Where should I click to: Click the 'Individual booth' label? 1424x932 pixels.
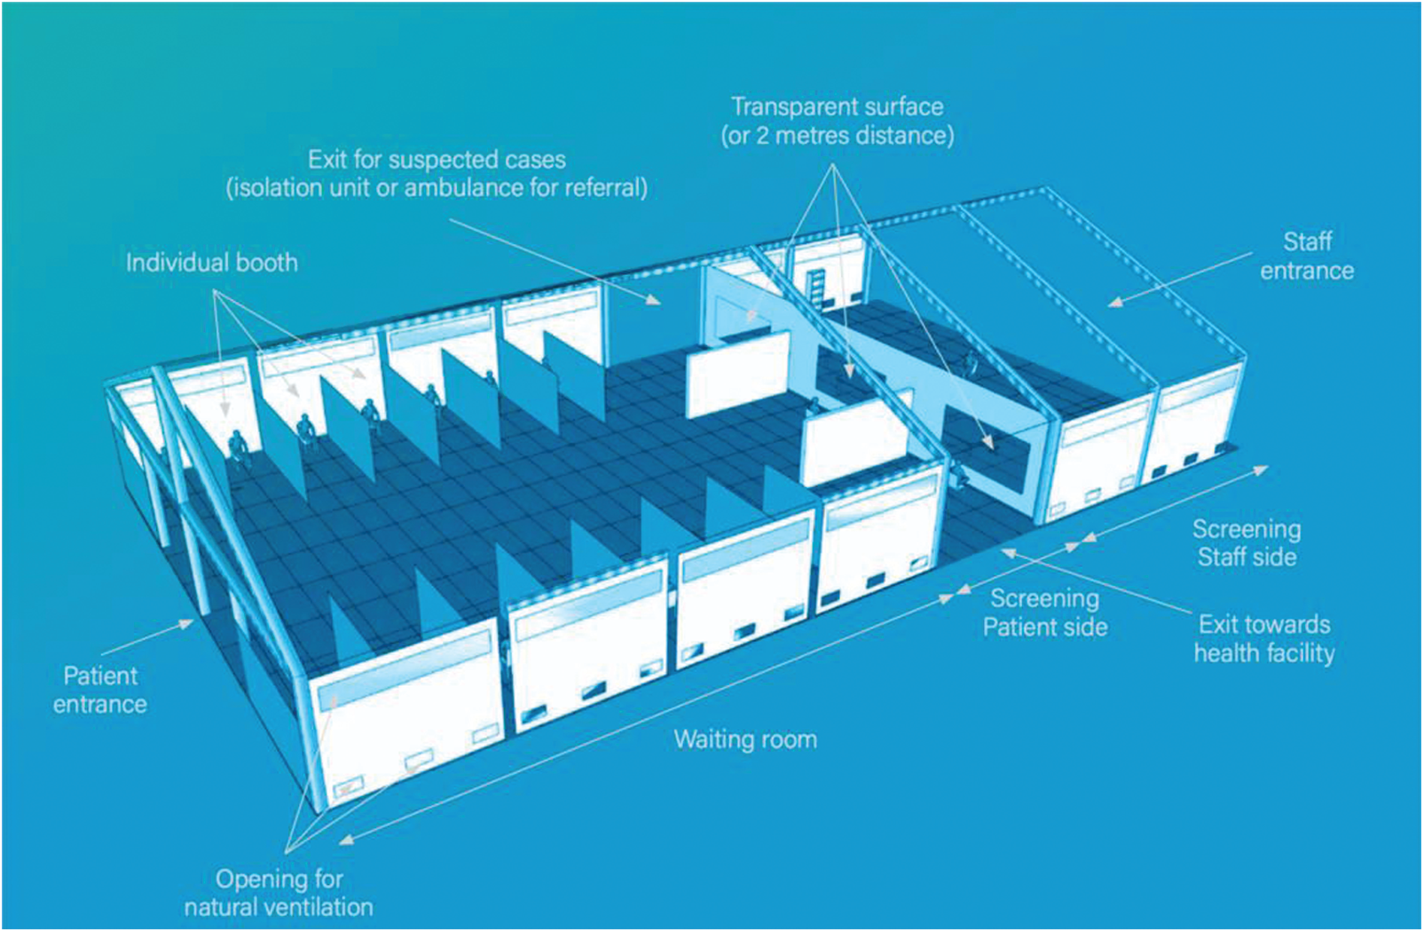[212, 263]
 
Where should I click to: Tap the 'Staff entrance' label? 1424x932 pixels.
[1307, 257]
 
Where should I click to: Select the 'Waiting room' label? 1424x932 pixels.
[745, 739]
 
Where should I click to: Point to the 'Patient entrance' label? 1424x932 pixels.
[100, 690]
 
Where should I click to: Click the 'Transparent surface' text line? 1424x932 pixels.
[838, 107]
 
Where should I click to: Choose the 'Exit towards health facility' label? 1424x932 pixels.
[1264, 639]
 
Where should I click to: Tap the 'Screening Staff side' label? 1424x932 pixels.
[1247, 542]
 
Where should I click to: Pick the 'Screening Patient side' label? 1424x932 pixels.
[1045, 612]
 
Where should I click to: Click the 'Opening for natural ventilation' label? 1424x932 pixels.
[279, 893]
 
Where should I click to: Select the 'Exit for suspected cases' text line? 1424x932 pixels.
[437, 160]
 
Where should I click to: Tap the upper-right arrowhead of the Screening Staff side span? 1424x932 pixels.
[1261, 470]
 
